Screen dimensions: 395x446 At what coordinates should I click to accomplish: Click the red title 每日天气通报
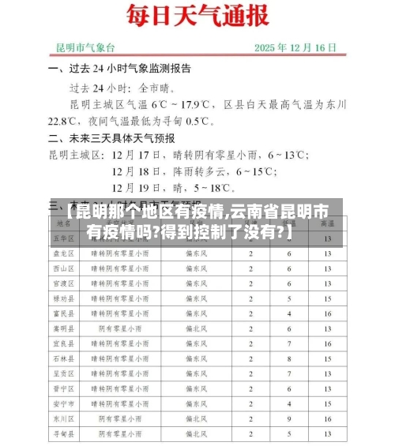click(197, 16)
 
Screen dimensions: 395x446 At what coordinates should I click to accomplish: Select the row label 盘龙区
click(62, 253)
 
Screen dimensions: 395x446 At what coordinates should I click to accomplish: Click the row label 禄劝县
click(62, 298)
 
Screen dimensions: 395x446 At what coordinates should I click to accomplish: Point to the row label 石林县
click(62, 358)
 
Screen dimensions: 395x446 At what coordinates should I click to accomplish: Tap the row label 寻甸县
click(62, 433)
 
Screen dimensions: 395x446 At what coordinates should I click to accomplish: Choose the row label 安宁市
click(62, 403)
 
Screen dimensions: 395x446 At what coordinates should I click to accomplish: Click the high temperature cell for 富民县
click(327, 313)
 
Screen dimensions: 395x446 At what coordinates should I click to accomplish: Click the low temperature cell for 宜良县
click(288, 343)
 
